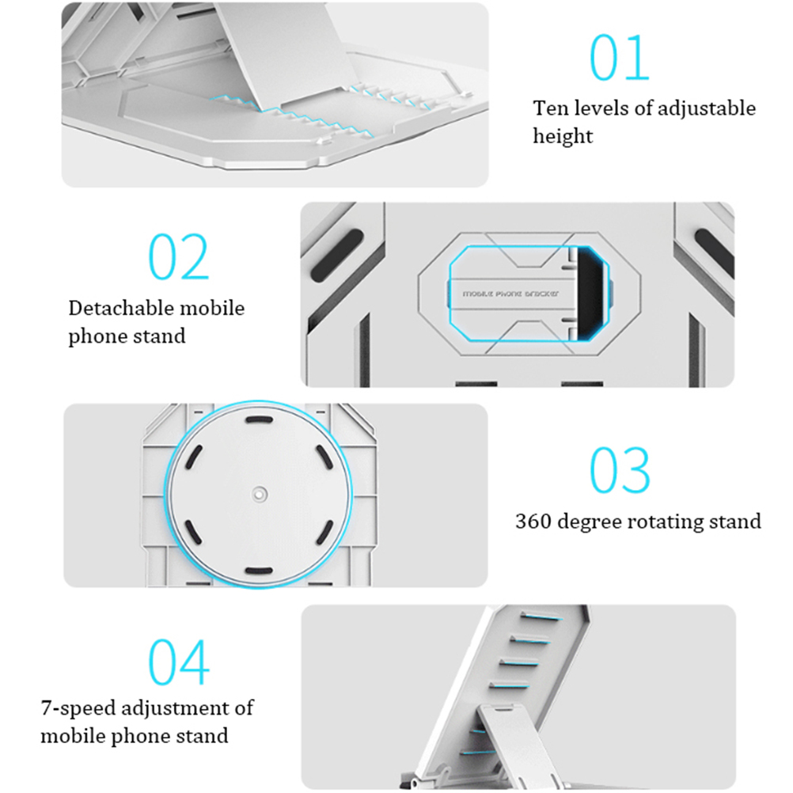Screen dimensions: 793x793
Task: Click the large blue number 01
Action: (620, 58)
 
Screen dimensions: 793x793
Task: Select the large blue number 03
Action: (620, 470)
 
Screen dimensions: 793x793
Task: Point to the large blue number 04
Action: (179, 662)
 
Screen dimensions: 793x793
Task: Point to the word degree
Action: (589, 522)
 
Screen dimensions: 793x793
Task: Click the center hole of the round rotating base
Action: (260, 494)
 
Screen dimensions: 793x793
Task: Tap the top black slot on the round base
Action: (259, 419)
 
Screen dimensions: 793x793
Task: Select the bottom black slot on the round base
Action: (259, 571)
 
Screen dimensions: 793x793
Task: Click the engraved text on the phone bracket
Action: (510, 294)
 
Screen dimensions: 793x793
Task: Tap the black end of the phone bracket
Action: (592, 293)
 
